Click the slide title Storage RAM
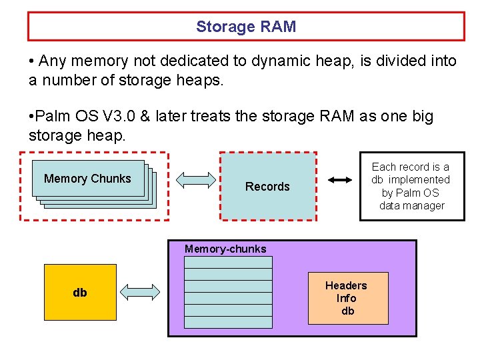(x=246, y=26)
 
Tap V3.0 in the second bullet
(x=119, y=116)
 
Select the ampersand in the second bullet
(x=145, y=116)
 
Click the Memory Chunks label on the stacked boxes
(x=87, y=179)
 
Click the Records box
(x=268, y=186)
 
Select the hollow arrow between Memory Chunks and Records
(x=196, y=180)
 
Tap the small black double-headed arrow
(x=340, y=180)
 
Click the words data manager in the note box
(x=412, y=205)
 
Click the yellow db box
(x=80, y=293)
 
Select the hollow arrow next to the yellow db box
(x=140, y=292)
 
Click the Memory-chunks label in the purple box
(x=225, y=249)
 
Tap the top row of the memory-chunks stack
(x=229, y=263)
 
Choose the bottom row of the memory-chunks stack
(x=229, y=323)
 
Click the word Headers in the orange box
(x=346, y=285)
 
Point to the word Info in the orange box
(x=346, y=298)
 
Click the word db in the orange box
(x=348, y=311)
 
